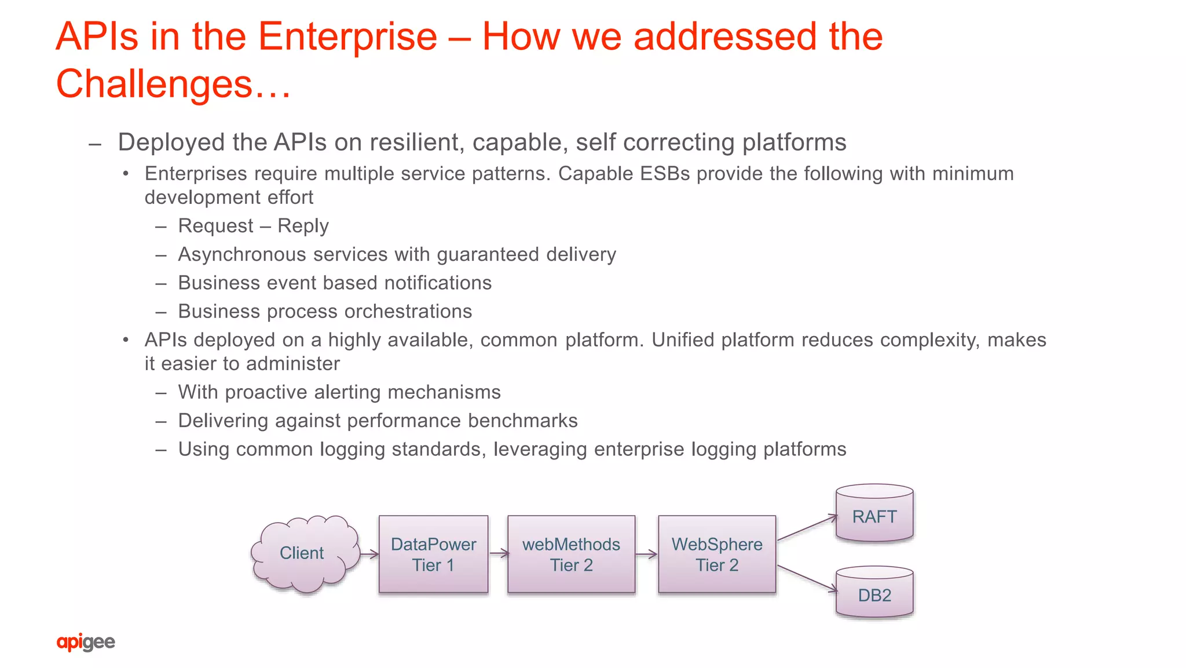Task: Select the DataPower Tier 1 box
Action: click(433, 554)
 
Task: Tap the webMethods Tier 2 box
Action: click(571, 554)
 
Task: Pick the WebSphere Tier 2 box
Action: click(717, 554)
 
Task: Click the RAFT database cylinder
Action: click(874, 514)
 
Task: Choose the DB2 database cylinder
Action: click(874, 592)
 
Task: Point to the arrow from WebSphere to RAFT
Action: click(807, 528)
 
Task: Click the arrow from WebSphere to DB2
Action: click(807, 579)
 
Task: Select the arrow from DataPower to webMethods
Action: click(499, 554)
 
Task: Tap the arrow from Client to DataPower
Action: click(369, 554)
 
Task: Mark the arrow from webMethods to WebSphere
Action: click(646, 554)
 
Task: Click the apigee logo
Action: click(86, 642)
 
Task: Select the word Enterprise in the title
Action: click(347, 36)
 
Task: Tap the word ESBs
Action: click(665, 174)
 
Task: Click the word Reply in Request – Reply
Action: click(303, 226)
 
